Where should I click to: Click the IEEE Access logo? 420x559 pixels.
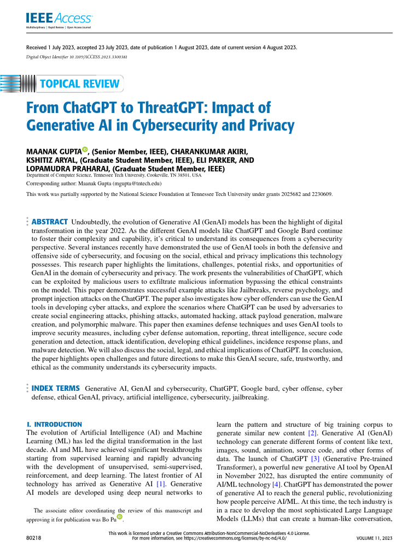click(59, 20)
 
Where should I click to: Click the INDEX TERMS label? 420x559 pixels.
click(56, 388)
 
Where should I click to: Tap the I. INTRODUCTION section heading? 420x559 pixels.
click(54, 424)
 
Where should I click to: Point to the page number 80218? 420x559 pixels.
click(35, 538)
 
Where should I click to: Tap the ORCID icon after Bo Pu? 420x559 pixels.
click(119, 517)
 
